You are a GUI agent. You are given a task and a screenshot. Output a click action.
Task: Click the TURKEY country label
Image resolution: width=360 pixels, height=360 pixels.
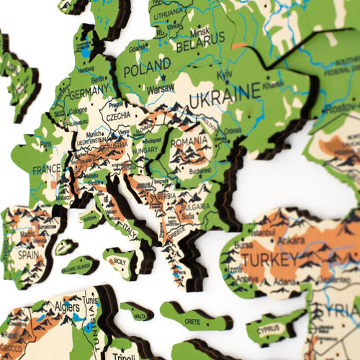pyautogui.click(x=270, y=258)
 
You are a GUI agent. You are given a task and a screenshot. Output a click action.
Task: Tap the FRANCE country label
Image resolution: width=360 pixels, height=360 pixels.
pyautogui.click(x=46, y=170)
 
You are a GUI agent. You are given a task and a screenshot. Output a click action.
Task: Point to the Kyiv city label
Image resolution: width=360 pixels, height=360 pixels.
pyautogui.click(x=226, y=74)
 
